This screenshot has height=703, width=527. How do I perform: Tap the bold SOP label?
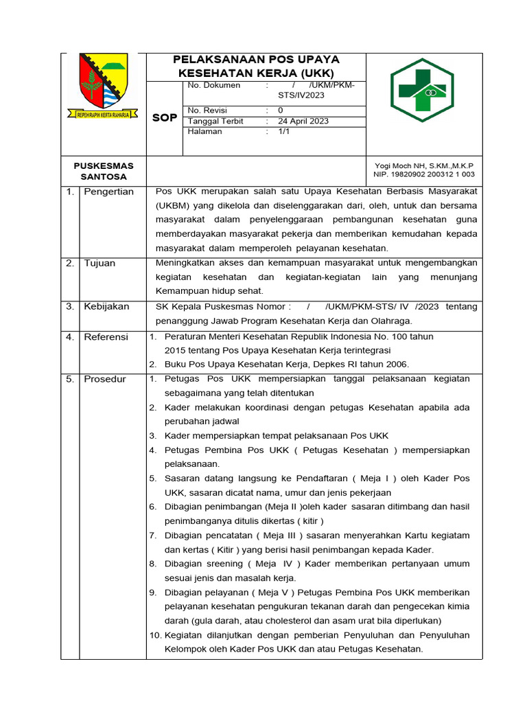[165, 118]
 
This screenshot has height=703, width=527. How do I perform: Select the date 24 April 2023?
[303, 121]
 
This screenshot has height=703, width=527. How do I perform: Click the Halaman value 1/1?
[283, 131]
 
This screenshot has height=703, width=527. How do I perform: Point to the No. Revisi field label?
[207, 110]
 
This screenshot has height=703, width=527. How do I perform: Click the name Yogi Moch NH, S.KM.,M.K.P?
[423, 165]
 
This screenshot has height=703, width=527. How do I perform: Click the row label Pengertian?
[108, 192]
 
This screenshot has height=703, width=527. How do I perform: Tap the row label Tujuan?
[99, 263]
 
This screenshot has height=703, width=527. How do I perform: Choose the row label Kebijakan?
[106, 306]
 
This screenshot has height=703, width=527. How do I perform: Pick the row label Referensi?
[106, 336]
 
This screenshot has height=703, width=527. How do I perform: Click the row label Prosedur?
[105, 379]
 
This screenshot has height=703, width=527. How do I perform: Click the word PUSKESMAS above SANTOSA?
[104, 165]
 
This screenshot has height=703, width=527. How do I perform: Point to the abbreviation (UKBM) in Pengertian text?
[173, 205]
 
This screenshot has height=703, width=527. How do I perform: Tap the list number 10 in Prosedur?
[154, 635]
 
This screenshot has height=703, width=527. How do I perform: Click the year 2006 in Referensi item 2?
[396, 364]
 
